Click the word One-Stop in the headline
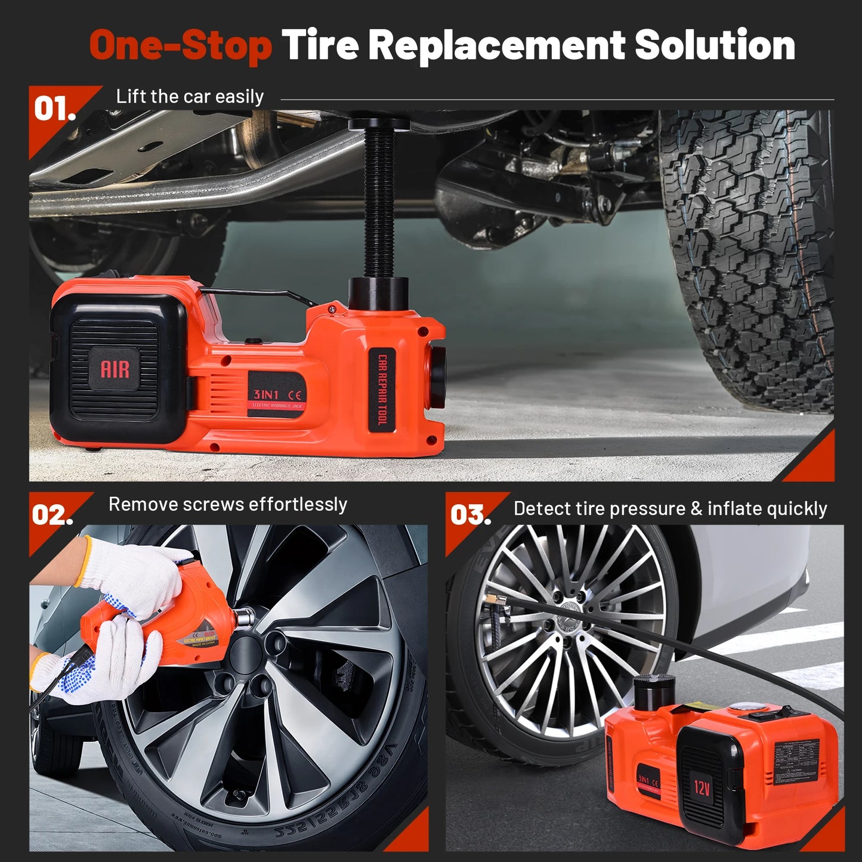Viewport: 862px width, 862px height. (x=180, y=46)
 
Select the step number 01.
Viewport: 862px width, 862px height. (x=54, y=109)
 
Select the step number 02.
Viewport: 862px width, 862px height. (x=52, y=515)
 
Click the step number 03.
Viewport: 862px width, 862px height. (x=470, y=515)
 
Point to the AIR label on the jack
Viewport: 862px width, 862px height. (x=115, y=369)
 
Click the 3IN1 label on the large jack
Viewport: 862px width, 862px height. (x=266, y=394)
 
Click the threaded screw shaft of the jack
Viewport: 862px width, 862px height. (x=378, y=203)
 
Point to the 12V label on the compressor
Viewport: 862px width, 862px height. (x=702, y=787)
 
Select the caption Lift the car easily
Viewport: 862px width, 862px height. (x=190, y=97)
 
